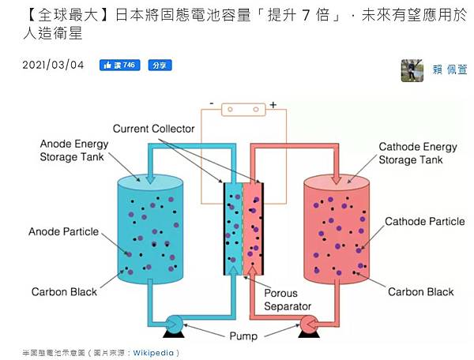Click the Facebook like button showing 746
[119, 65]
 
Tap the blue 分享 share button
[160, 65]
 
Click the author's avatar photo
[412, 70]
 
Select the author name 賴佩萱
[450, 70]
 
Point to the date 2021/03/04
[54, 65]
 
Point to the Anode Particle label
[63, 231]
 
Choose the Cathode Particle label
[425, 222]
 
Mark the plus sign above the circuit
[273, 104]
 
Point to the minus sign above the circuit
[212, 103]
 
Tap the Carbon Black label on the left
[64, 291]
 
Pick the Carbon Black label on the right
[421, 291]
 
